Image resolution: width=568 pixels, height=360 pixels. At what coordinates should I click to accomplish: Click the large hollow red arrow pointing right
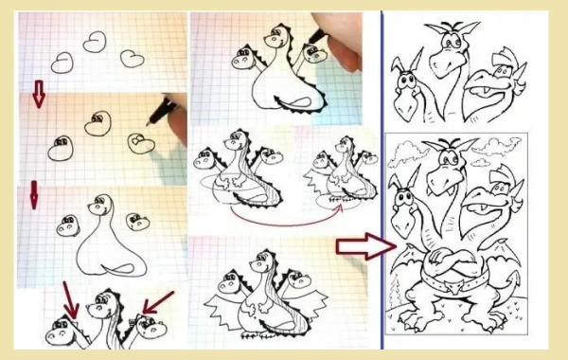tap(363, 248)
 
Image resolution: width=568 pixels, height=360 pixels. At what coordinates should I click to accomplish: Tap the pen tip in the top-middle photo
tap(326, 35)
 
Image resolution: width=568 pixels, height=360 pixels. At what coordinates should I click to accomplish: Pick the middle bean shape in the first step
tap(95, 43)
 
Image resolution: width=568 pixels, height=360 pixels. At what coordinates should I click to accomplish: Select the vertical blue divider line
tap(381, 180)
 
